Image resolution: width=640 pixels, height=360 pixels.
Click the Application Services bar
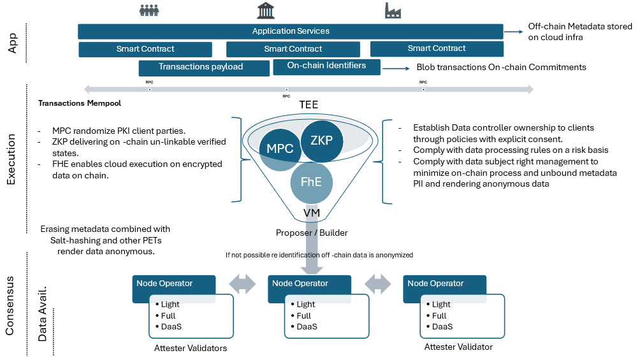pyautogui.click(x=291, y=31)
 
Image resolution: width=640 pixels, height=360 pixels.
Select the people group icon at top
pyautogui.click(x=149, y=11)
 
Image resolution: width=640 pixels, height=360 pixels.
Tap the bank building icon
pyautogui.click(x=266, y=10)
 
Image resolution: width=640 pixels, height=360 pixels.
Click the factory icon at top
pyautogui.click(x=393, y=10)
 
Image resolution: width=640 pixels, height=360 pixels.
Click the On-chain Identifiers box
pyautogui.click(x=326, y=66)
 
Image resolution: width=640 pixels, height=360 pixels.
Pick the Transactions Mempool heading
pyautogui.click(x=80, y=103)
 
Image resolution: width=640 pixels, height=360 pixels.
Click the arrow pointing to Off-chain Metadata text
pyautogui.click(x=513, y=31)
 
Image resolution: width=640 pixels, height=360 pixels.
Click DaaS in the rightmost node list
pyautogui.click(x=442, y=326)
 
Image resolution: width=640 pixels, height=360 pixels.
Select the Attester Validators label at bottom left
pyautogui.click(x=191, y=348)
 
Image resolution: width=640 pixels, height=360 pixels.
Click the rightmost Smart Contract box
pyautogui.click(x=437, y=48)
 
